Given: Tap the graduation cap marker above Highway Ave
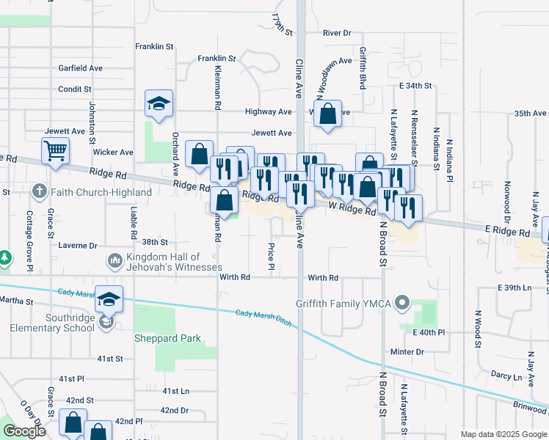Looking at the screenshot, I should pyautogui.click(x=159, y=103).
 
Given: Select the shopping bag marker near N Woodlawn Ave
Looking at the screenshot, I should pyautogui.click(x=328, y=114).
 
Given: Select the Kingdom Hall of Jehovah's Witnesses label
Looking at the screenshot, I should pyautogui.click(x=163, y=262).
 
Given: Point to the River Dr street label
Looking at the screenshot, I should pyautogui.click(x=338, y=33).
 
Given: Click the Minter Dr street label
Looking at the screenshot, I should pyautogui.click(x=408, y=352).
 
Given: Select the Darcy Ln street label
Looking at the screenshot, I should pyautogui.click(x=506, y=376).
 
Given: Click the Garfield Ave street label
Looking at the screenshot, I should pyautogui.click(x=81, y=68).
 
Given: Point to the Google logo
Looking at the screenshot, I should pyautogui.click(x=24, y=431).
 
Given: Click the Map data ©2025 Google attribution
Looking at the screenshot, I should pyautogui.click(x=503, y=434).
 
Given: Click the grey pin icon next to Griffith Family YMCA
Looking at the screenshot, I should pyautogui.click(x=402, y=302).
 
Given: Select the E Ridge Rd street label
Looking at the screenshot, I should pyautogui.click(x=507, y=232).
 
